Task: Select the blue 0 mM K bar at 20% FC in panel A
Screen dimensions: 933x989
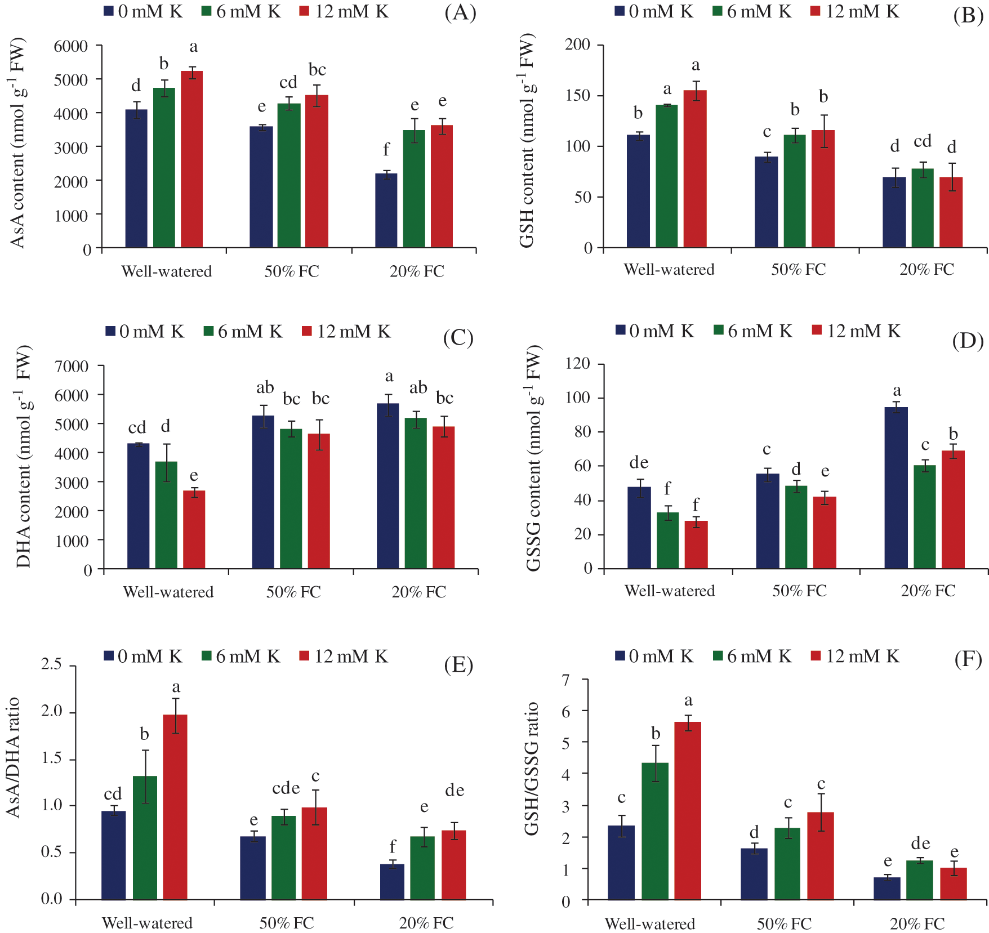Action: (x=386, y=211)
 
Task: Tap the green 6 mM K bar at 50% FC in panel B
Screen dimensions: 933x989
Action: (x=795, y=191)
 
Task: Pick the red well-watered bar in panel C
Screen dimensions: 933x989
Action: (x=194, y=529)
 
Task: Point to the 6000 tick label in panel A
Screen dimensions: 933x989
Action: (x=71, y=46)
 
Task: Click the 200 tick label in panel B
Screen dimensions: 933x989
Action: (x=578, y=44)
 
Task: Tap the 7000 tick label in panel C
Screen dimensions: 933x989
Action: (x=72, y=367)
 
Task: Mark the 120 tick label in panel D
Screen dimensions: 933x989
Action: (x=578, y=364)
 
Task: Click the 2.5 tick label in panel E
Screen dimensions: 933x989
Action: (x=52, y=664)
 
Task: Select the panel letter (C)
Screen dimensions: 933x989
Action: (x=458, y=337)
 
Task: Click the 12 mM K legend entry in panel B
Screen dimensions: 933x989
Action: (x=855, y=12)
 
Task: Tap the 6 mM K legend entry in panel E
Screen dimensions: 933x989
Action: (x=240, y=657)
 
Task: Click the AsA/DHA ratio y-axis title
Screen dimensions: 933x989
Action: (x=13, y=757)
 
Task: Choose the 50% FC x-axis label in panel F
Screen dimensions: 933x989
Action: (x=784, y=924)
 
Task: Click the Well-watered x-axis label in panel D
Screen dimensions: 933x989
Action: (x=670, y=591)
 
